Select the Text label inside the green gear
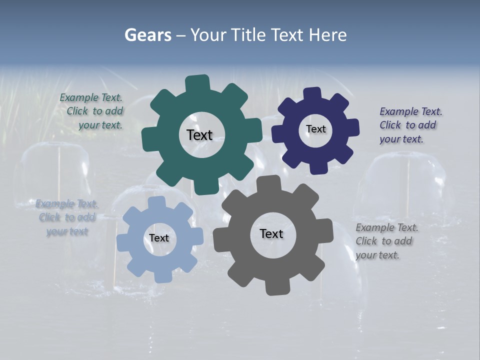click(x=199, y=135)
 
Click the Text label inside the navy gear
click(x=315, y=129)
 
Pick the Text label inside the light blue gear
click(x=159, y=238)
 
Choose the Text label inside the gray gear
click(x=271, y=233)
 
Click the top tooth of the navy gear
click(x=312, y=94)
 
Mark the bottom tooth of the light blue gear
click(x=161, y=276)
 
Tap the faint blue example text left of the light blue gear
click(x=66, y=217)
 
